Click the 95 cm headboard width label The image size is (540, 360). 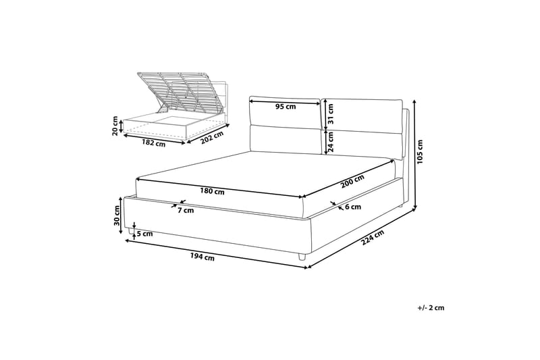tap(286, 107)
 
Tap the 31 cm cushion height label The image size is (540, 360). tap(331, 114)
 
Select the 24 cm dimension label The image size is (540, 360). tap(331, 143)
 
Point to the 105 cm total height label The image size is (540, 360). tap(420, 152)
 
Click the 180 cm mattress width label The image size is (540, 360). tap(212, 191)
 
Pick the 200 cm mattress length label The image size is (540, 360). tap(352, 182)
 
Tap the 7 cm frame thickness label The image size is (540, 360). tap(186, 210)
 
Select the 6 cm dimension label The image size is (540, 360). tap(352, 207)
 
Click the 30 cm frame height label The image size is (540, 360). tap(117, 215)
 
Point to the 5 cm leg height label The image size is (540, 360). tap(144, 234)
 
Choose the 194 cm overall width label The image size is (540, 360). tap(202, 257)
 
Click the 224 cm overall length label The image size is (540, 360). tap(373, 237)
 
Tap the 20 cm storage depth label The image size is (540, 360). tap(115, 126)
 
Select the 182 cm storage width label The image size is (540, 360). tap(154, 143)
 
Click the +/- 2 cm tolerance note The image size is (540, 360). tap(431, 307)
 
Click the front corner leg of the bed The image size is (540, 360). tap(302, 257)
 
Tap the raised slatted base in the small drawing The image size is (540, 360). tap(176, 91)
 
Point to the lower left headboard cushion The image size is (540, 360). tap(285, 139)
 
